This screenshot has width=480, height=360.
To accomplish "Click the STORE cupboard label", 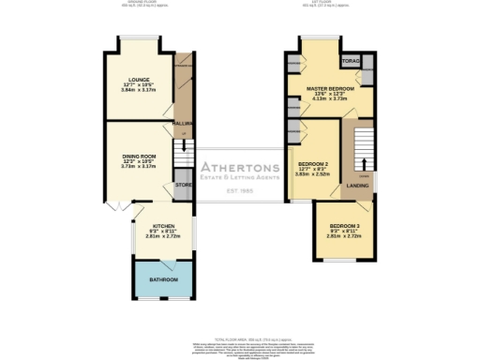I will [x=184, y=187].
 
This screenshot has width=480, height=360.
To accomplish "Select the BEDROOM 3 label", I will [x=342, y=226].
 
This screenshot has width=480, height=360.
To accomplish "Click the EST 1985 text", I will [x=241, y=193].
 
